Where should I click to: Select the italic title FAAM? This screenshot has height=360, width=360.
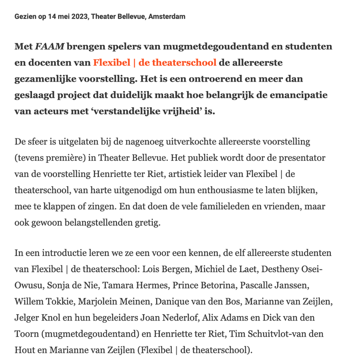pyautogui.click(x=50, y=46)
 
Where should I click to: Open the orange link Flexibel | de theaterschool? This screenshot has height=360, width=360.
pyautogui.click(x=155, y=62)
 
